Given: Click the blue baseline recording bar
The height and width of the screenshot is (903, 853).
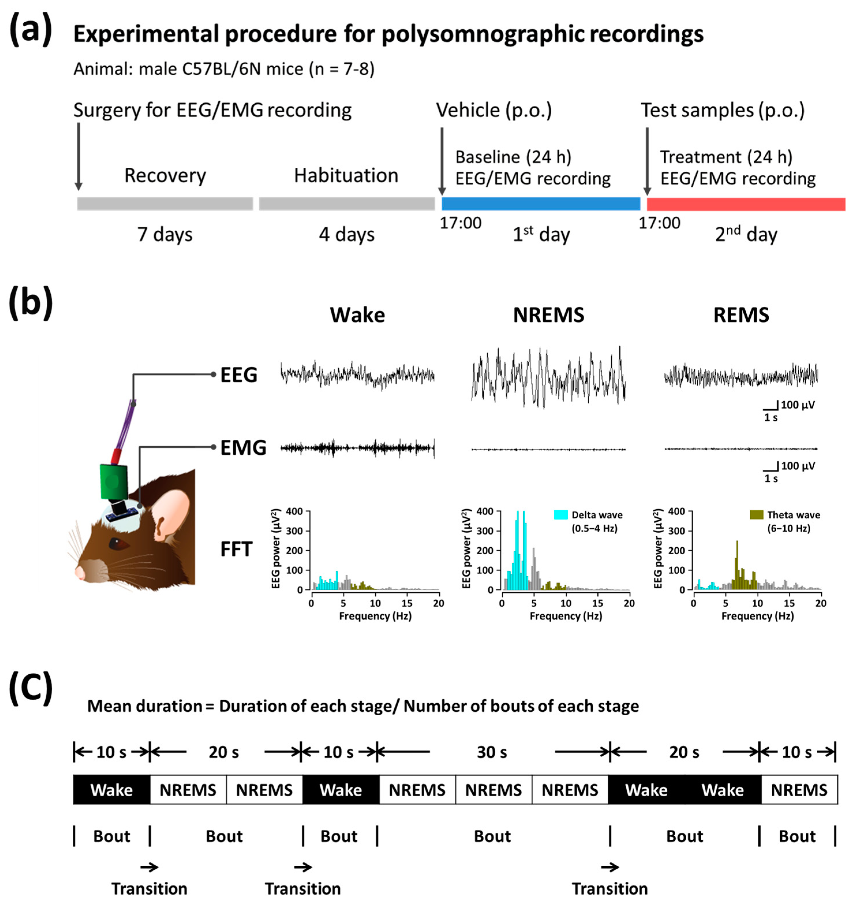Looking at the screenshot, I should pos(541,204).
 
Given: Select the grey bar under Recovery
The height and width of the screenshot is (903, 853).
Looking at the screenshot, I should pos(165,204).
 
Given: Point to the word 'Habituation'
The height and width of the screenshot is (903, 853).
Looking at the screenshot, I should pos(346,176).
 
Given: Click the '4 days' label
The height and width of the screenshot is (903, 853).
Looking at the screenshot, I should pos(346,235).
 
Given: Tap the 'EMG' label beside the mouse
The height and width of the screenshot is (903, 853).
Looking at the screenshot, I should pos(243,448).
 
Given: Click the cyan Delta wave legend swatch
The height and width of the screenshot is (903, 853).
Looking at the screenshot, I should pos(560,515).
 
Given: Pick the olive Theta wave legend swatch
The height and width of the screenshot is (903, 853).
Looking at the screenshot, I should pos(756,515).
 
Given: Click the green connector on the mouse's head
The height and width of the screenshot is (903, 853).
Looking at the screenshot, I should pos(113,481).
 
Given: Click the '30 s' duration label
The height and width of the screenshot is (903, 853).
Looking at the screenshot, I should pos(492,752).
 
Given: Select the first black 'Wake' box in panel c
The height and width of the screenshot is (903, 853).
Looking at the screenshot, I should pos(111,790).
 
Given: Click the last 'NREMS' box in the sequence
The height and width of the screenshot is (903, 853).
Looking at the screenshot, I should pos(799,790).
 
